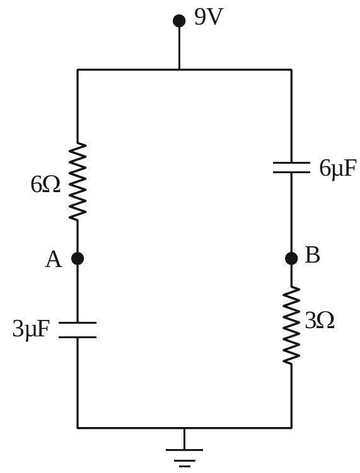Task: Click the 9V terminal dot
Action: coord(179,21)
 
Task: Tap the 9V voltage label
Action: coord(209,17)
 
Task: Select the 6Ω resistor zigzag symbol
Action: coord(78,181)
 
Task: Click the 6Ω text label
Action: coord(45,185)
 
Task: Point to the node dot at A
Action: coord(78,258)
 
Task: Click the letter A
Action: coord(54,259)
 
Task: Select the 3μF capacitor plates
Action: coord(78,329)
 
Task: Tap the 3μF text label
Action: coord(30,329)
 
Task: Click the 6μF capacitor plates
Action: coord(291,168)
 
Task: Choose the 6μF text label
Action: coord(338,169)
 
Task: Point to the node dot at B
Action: coord(291,258)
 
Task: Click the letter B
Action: coord(312,255)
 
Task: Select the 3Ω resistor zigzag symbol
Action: coord(291,325)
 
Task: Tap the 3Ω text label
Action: coord(320,321)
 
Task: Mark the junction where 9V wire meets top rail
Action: coord(179,70)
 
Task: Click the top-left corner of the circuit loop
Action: coord(78,70)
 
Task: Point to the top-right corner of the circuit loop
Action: coord(291,70)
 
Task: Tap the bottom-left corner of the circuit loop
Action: coord(78,428)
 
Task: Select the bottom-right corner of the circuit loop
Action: coord(291,428)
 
